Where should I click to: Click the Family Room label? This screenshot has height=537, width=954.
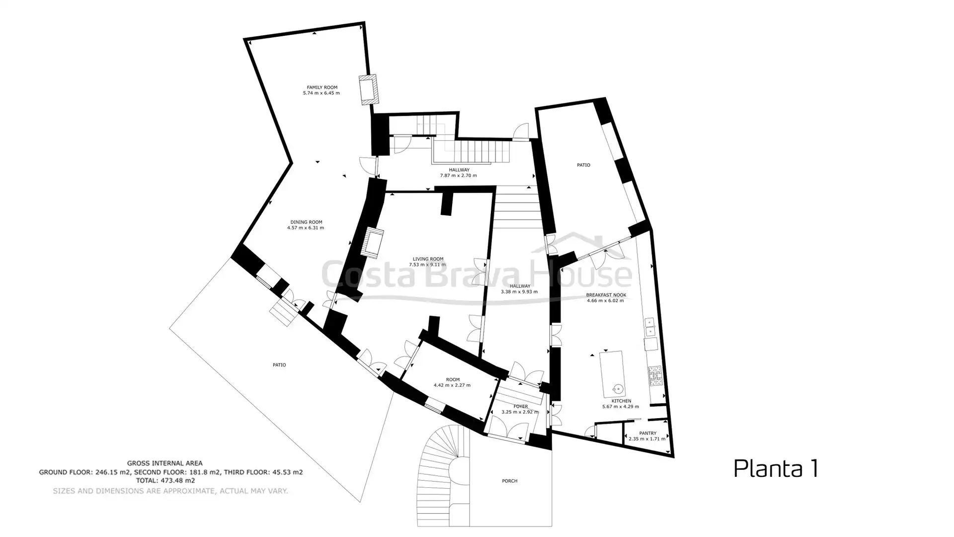pos(322,88)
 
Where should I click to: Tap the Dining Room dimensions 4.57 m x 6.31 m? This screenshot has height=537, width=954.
pos(306,228)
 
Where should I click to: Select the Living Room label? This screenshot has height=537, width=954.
pos(428,259)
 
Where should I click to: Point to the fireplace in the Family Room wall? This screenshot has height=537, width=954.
pos(368,89)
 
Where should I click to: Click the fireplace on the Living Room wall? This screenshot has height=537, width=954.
pos(374,243)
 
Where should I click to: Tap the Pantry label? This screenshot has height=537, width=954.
pos(647,434)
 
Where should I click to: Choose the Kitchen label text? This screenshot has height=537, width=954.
pos(621,401)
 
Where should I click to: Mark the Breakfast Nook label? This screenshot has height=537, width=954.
pos(606,295)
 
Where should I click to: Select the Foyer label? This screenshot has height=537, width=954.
pos(521,407)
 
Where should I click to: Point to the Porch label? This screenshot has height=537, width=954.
pos(510,481)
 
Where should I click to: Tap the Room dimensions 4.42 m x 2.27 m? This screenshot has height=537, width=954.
pos(452,385)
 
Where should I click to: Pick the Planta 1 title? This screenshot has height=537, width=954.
pos(776,469)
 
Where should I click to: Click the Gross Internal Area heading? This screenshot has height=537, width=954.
pos(164,463)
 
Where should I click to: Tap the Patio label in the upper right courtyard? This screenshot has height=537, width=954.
pos(583,165)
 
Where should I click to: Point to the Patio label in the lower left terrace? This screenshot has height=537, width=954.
pos(279,365)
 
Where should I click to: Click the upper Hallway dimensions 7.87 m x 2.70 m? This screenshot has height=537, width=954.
pos(458,176)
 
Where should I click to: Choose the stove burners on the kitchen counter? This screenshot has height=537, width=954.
pos(655,376)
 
